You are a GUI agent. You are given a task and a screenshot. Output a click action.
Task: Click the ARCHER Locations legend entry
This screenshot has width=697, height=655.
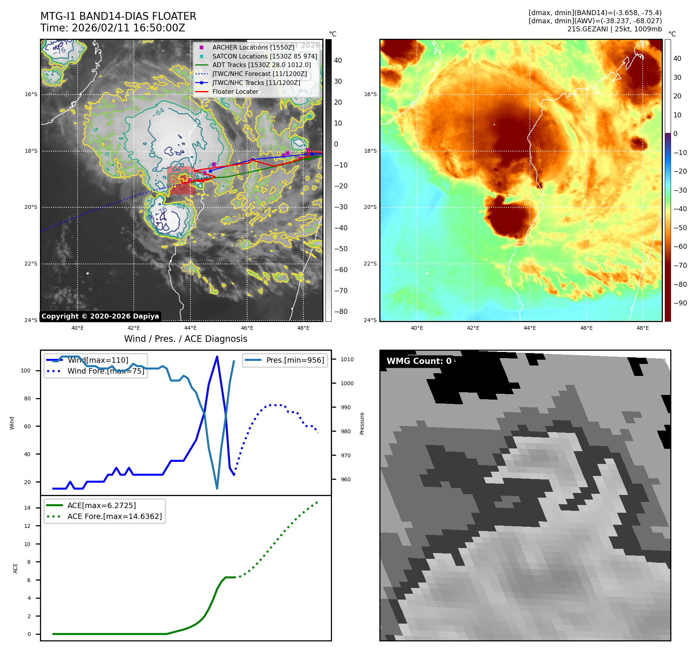click(253, 47)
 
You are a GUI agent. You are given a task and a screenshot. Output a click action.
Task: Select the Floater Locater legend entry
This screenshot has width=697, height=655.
click(235, 91)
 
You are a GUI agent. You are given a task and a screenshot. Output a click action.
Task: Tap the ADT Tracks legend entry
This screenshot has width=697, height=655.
click(261, 65)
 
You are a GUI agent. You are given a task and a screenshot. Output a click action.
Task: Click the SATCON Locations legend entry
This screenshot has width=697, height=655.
click(265, 56)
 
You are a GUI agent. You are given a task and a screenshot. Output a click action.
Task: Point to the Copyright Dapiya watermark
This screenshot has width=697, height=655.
click(100, 316)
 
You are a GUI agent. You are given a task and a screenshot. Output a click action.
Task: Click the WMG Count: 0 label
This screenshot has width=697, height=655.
click(419, 361)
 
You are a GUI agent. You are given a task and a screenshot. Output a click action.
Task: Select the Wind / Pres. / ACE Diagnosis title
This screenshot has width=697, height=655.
click(185, 339)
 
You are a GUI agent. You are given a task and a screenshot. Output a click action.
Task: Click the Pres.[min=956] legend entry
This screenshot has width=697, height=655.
click(295, 360)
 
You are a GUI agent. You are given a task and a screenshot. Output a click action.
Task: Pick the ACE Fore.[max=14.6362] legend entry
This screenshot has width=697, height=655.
click(114, 516)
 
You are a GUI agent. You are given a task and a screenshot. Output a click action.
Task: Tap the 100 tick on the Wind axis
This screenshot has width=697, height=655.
click(26, 371)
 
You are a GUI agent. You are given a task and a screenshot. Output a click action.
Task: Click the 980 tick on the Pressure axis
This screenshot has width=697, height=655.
click(345, 431)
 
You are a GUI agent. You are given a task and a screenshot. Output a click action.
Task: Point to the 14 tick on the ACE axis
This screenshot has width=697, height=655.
click(27, 508)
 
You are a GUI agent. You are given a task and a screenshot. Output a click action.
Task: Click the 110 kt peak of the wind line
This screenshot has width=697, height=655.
click(217, 356)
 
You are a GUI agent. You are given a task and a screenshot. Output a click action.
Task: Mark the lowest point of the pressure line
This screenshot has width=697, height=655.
click(217, 488)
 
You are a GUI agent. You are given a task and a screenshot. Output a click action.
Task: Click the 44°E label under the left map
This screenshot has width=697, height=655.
click(190, 328)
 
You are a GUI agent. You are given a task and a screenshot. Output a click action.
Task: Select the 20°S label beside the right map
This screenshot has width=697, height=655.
click(370, 207)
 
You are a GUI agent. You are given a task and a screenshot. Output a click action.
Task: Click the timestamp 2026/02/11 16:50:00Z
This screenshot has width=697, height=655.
click(128, 28)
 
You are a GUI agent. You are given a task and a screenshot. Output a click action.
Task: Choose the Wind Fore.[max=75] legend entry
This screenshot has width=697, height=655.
click(106, 371)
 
